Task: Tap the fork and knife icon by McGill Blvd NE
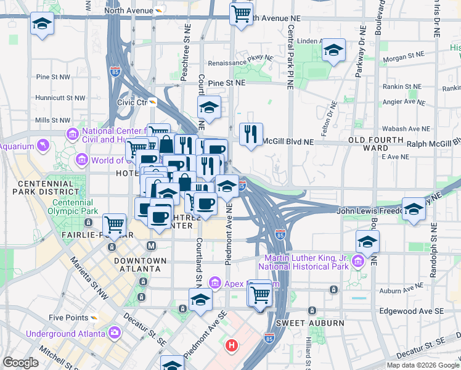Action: coord(250,135)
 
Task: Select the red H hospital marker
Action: coord(231,345)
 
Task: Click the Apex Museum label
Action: coord(243,283)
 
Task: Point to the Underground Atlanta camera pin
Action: coord(115,334)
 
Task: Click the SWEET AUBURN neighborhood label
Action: coord(301,323)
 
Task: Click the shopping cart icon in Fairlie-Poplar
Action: coord(114,224)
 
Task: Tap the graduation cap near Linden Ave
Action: coord(333,51)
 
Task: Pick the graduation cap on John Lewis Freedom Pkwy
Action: coord(414,208)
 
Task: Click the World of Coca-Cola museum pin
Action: coord(81,160)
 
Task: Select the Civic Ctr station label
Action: coord(133,102)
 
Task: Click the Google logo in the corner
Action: coord(20,363)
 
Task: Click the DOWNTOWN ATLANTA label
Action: coord(140,265)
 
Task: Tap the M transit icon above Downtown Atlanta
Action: coord(151,246)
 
